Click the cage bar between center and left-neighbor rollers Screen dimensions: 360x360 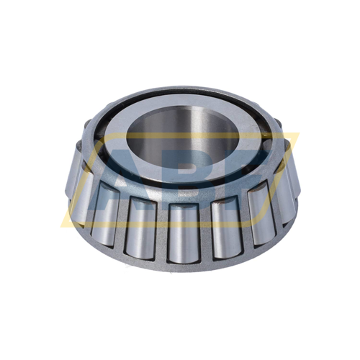pyautogui.click(x=161, y=229)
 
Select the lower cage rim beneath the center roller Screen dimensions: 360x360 pyautogui.click(x=181, y=266)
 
